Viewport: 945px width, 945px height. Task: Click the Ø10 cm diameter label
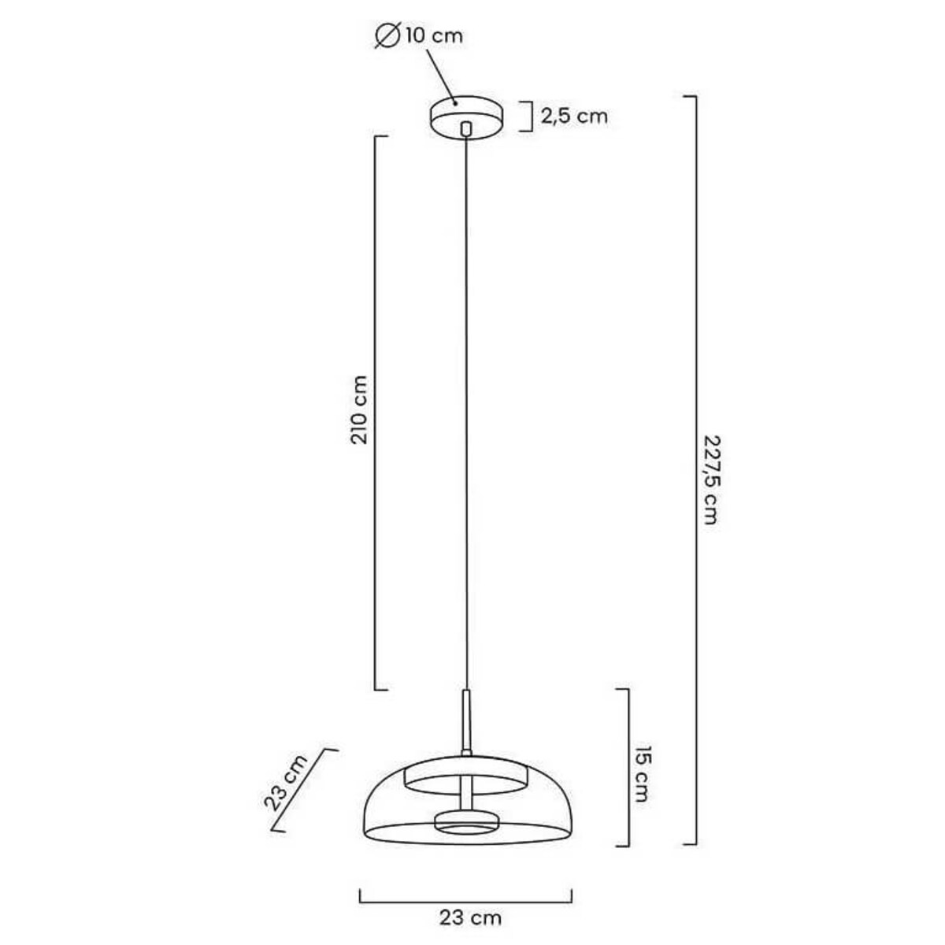pos(420,35)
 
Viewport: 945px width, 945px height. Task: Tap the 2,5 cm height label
pos(574,117)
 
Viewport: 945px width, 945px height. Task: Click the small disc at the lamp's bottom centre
pos(465,821)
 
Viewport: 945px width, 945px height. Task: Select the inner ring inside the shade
pos(465,777)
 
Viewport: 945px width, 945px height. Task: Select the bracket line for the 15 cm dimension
pos(628,768)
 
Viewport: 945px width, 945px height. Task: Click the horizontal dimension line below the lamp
pos(465,897)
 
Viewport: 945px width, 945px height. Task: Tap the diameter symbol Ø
pos(387,35)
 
